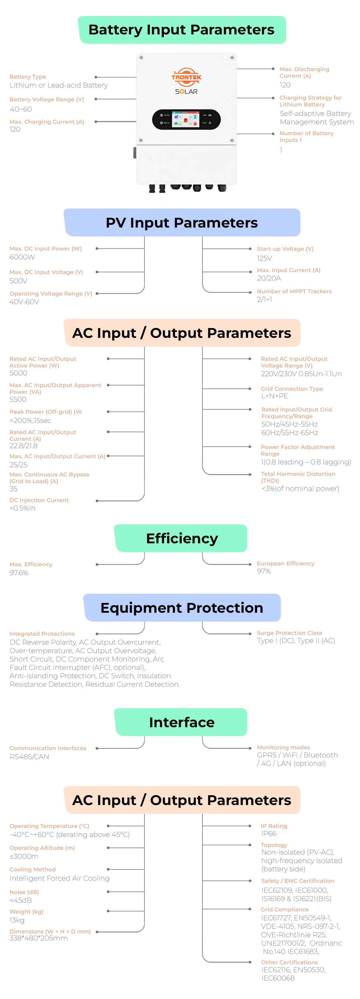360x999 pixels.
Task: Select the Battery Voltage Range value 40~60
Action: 21,109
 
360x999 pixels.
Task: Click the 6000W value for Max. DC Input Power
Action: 22,257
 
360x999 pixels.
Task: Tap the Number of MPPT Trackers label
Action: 294,291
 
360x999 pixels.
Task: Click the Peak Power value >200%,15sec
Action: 30,420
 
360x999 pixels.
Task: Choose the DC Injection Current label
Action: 39,500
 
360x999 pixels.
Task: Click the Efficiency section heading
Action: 182,538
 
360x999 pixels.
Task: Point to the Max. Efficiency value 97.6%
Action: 19,573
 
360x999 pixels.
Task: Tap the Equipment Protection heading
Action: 182,608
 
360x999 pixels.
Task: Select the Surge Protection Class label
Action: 289,633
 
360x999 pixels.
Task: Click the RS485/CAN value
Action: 29,757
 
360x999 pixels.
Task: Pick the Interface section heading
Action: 182,722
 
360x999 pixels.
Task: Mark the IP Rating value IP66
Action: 269,833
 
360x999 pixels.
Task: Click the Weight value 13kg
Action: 17,920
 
